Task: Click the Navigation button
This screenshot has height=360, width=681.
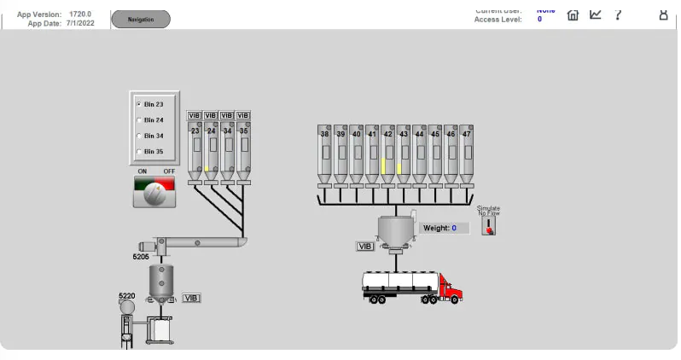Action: click(x=141, y=19)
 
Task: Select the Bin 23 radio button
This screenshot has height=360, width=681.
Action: click(x=139, y=104)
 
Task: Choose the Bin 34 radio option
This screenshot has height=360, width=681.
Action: click(x=139, y=136)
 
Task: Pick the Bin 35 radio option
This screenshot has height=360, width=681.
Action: click(x=139, y=152)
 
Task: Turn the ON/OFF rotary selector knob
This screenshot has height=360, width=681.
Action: click(x=154, y=194)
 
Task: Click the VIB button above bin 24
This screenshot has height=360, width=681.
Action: click(x=211, y=115)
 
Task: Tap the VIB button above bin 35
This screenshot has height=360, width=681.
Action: click(x=243, y=115)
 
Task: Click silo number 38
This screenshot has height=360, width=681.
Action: click(x=324, y=154)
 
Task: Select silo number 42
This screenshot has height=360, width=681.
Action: click(x=387, y=154)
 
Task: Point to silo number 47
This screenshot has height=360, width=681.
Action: click(x=466, y=154)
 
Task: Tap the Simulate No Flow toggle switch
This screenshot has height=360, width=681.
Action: click(x=488, y=224)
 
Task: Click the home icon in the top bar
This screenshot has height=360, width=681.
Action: click(x=573, y=15)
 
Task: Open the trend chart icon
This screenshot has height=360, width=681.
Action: click(x=596, y=15)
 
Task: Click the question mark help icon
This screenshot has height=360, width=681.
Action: click(x=618, y=15)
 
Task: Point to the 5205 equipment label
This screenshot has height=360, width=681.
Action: click(x=141, y=256)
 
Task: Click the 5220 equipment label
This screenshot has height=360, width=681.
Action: click(x=126, y=296)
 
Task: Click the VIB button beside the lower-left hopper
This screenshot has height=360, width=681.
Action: click(x=191, y=298)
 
